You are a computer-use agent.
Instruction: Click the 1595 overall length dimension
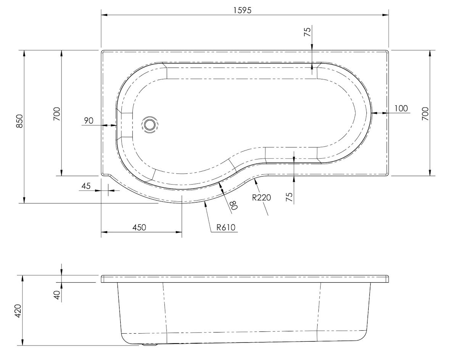pyautogui.click(x=243, y=10)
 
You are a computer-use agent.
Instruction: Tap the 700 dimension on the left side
pyautogui.click(x=56, y=113)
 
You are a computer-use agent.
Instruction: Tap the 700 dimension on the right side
pyautogui.click(x=426, y=113)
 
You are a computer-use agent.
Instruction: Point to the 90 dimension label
pyautogui.click(x=89, y=121)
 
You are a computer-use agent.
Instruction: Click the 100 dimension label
pyautogui.click(x=401, y=108)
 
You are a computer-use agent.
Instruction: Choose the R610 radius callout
pyautogui.click(x=225, y=228)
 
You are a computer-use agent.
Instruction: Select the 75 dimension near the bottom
pyautogui.click(x=289, y=197)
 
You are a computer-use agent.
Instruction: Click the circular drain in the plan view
pyautogui.click(x=150, y=124)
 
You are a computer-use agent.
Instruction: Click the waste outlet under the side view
pyautogui.click(x=150, y=345)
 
